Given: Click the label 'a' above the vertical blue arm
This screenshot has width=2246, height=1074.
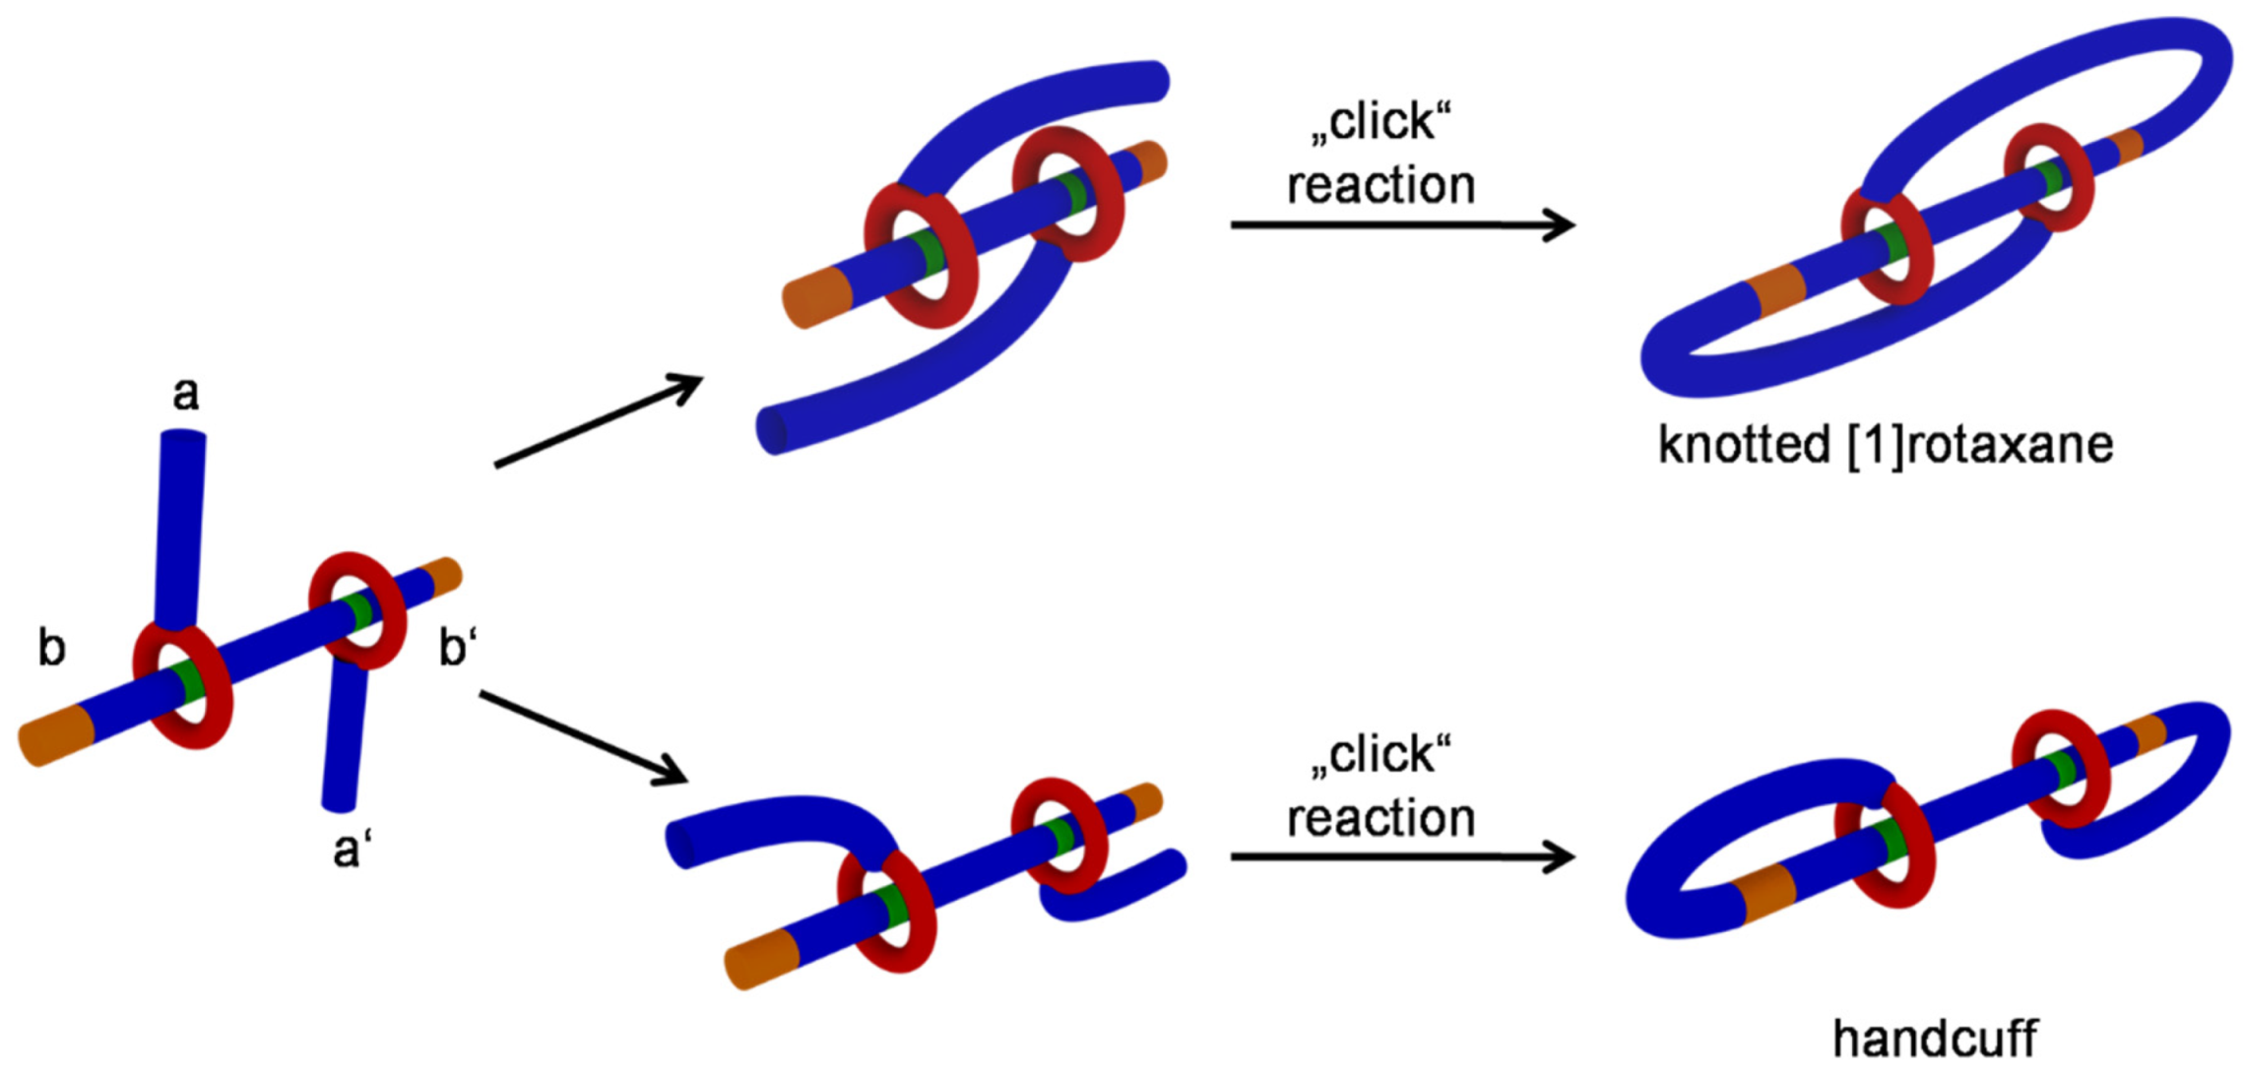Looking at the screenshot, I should click(186, 395).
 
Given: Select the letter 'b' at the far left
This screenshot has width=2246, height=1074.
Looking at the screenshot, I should click(51, 648).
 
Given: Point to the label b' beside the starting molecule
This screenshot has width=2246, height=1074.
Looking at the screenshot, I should click(457, 648).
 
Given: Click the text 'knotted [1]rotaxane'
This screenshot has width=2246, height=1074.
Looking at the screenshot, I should click(1885, 445).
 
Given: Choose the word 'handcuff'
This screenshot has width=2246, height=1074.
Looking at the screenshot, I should click(1934, 1039).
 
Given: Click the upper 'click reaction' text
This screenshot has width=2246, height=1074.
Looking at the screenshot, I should click(1380, 155).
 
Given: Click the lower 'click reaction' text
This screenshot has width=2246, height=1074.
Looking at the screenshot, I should click(1380, 788).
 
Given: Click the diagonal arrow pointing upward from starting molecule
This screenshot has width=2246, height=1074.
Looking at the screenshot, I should click(599, 420).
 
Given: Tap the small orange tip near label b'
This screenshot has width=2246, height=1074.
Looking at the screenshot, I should click(444, 576).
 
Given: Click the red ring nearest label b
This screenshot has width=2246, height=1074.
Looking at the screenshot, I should click(183, 684).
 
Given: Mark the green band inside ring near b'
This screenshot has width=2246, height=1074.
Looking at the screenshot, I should click(359, 610).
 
